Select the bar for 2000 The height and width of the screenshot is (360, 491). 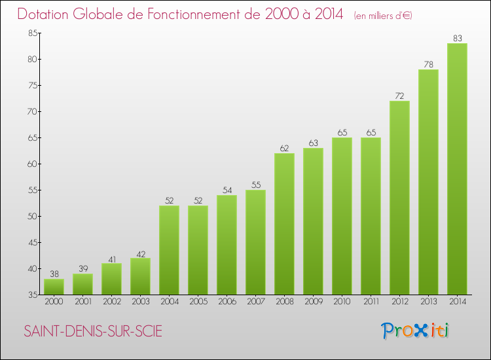pyautogui.click(x=54, y=287)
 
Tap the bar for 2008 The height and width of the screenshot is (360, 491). pyautogui.click(x=284, y=224)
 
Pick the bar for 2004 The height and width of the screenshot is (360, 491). pyautogui.click(x=169, y=250)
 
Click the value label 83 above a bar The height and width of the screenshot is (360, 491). pyautogui.click(x=457, y=39)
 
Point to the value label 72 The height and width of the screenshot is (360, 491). pyautogui.click(x=399, y=96)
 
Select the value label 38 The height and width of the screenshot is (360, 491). pyautogui.click(x=54, y=274)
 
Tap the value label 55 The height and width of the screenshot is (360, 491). pyautogui.click(x=255, y=185)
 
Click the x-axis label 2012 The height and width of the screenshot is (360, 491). pyautogui.click(x=399, y=301)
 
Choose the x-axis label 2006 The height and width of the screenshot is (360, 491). pyautogui.click(x=227, y=301)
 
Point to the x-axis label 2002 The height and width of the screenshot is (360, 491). pyautogui.click(x=111, y=301)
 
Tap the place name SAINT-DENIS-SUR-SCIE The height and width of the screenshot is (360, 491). pyautogui.click(x=92, y=331)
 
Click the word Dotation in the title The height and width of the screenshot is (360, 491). pyautogui.click(x=45, y=14)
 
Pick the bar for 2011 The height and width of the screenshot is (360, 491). pyautogui.click(x=371, y=216)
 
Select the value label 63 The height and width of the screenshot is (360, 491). pyautogui.click(x=313, y=143)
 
